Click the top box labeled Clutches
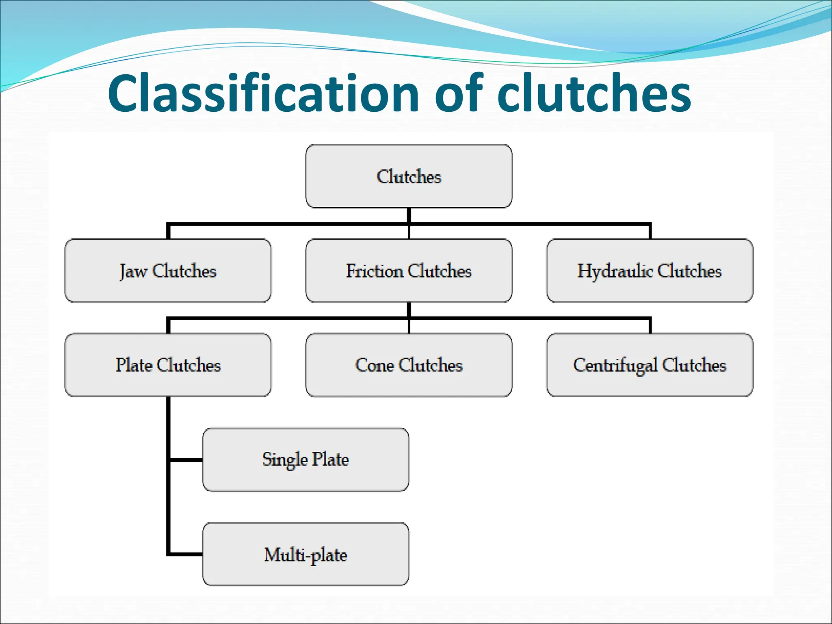pyautogui.click(x=409, y=176)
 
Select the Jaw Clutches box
pyautogui.click(x=168, y=271)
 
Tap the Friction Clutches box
pyautogui.click(x=409, y=271)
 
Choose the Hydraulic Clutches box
pyautogui.click(x=650, y=271)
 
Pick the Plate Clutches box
pyautogui.click(x=168, y=365)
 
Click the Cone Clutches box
pyautogui.click(x=409, y=365)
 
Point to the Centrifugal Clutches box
pyautogui.click(x=650, y=365)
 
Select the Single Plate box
pyautogui.click(x=305, y=459)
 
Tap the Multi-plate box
pyautogui.click(x=305, y=554)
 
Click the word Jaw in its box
pyautogui.click(x=133, y=271)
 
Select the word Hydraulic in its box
pyautogui.click(x=615, y=271)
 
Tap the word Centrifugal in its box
pyautogui.click(x=615, y=365)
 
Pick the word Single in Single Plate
pyautogui.click(x=285, y=459)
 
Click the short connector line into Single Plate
pyautogui.click(x=186, y=460)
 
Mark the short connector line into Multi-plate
pyautogui.click(x=186, y=554)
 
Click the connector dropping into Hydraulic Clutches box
pyautogui.click(x=650, y=232)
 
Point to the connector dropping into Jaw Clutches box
pyautogui.click(x=168, y=232)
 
